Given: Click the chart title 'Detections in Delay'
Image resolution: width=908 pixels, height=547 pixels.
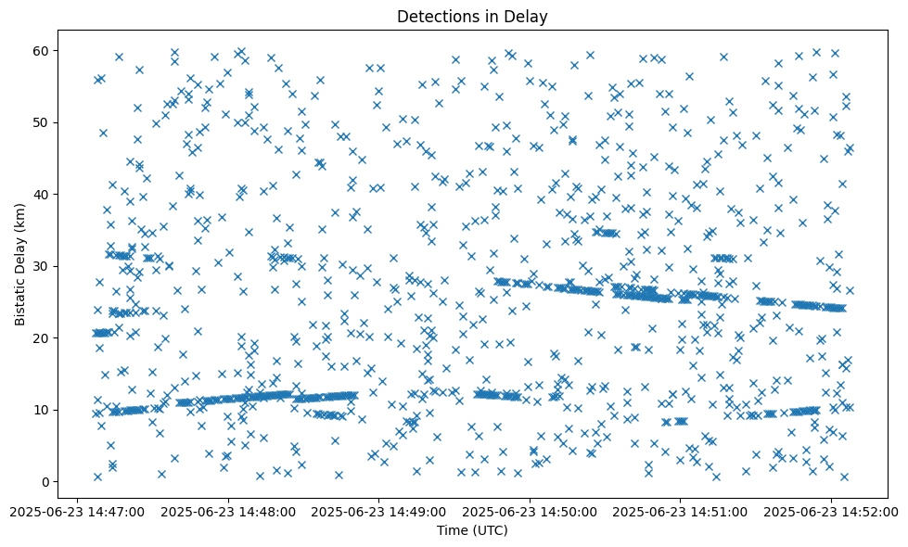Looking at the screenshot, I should tap(472, 16).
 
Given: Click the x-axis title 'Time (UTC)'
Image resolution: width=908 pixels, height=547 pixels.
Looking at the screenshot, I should tap(472, 530).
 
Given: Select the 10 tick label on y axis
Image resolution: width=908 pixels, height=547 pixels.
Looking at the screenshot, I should tap(42, 410).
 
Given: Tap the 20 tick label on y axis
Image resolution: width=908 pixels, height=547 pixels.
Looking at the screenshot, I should tap(42, 338).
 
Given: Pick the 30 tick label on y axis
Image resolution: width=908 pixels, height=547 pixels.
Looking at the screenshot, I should tap(42, 266).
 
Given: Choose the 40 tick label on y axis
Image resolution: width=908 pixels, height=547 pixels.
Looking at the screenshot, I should tap(42, 195).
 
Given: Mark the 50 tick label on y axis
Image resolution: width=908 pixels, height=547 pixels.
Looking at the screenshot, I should tap(42, 122).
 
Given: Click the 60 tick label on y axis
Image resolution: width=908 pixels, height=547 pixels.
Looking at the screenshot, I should tap(42, 50).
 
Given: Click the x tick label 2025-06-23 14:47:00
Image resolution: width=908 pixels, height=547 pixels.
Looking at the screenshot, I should tap(79, 511).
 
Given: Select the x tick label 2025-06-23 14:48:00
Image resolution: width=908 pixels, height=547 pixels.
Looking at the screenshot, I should tap(229, 511).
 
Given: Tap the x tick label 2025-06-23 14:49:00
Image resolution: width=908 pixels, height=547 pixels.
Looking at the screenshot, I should tap(379, 511).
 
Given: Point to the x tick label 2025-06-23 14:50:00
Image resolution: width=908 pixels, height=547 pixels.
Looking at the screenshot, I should tap(530, 511).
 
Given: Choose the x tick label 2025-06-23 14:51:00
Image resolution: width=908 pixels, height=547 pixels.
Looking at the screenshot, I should tap(680, 511).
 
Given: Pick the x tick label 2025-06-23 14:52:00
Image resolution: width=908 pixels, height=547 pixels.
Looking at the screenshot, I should tap(830, 511).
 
